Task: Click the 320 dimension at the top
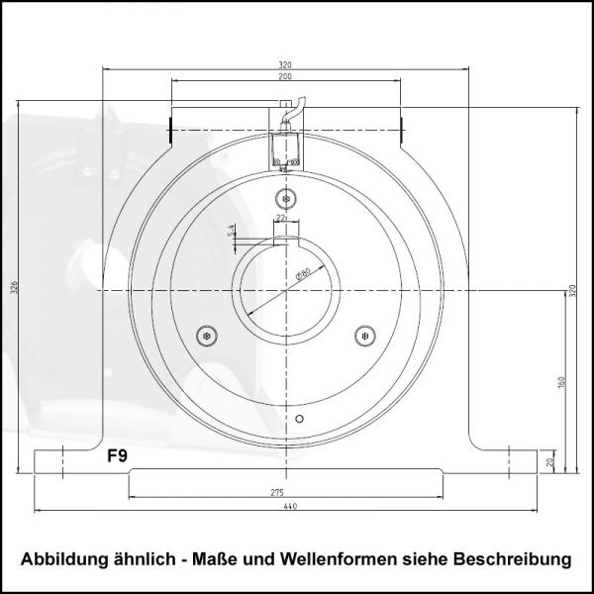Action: click(285, 64)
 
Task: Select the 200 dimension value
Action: click(285, 76)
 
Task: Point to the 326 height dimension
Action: click(14, 287)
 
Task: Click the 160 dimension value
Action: click(560, 381)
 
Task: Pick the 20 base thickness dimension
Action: click(550, 462)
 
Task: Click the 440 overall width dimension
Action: click(289, 506)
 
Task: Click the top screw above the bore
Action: click(286, 194)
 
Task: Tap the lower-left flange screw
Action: click(206, 336)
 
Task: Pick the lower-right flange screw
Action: click(364, 336)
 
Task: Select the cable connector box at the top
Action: click(286, 148)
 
